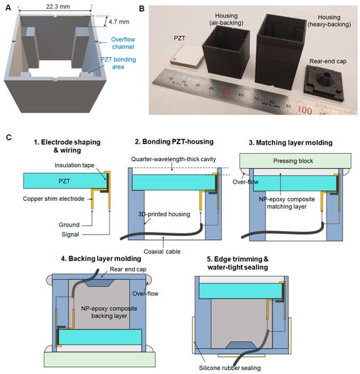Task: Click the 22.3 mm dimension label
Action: (58, 6)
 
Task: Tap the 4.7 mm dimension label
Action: (119, 22)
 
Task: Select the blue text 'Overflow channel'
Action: (123, 43)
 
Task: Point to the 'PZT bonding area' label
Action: (118, 63)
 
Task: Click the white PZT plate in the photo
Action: (186, 56)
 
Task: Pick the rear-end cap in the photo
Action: (324, 82)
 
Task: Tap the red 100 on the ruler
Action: (305, 110)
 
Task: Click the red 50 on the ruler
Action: (225, 91)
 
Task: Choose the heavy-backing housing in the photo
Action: (281, 51)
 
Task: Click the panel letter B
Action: (142, 9)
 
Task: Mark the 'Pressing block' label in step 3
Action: (293, 161)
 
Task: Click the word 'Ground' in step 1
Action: (69, 224)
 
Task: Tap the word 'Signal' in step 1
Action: (70, 235)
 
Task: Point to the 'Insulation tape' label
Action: (74, 165)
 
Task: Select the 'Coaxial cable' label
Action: (162, 252)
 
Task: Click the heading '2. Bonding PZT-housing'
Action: (174, 141)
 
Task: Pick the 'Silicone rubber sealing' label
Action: (229, 368)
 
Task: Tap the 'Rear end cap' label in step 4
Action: (128, 269)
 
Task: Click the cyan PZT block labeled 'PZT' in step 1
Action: (65, 181)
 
